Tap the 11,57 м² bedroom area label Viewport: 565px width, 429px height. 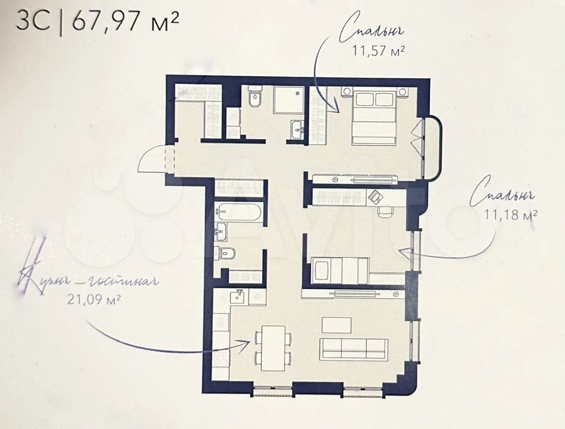[378, 50]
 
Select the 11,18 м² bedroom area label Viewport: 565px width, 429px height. [511, 214]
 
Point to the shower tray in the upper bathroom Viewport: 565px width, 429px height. [289, 100]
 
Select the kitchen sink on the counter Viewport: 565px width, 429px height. [239, 297]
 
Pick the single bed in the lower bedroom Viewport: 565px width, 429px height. [340, 270]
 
